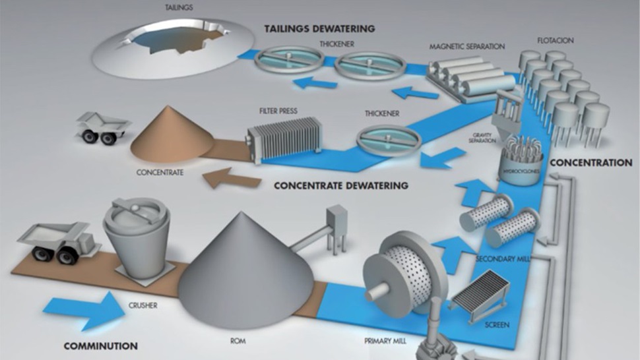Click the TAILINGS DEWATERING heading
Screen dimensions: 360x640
319,29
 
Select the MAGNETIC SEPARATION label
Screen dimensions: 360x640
466,47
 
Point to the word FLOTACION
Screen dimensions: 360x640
556,40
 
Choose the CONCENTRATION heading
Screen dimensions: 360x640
591,162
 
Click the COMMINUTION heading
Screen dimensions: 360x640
101,345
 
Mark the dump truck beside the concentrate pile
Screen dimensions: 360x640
102,127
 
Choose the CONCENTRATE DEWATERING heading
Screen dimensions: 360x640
340,185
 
